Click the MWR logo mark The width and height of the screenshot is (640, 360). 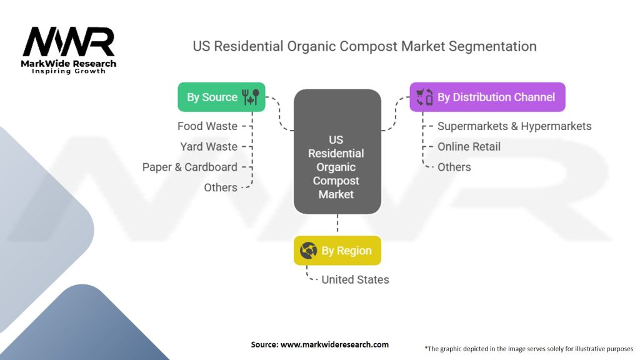[x=69, y=42]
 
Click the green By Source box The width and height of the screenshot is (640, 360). [x=221, y=97]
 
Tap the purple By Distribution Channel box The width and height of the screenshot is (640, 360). [x=487, y=97]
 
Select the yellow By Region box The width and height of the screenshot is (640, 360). [x=337, y=250]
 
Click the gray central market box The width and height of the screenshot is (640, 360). [x=337, y=151]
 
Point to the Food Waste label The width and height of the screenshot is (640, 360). [x=207, y=126]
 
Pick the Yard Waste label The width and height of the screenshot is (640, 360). [x=209, y=146]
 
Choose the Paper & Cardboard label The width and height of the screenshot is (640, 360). [x=190, y=167]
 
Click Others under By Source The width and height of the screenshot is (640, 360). [x=221, y=187]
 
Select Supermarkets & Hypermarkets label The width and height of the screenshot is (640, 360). [x=514, y=126]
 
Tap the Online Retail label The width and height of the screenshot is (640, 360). [x=469, y=146]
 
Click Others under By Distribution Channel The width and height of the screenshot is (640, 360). [x=454, y=167]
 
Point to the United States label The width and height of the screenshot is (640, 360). [x=355, y=279]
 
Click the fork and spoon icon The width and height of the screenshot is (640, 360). [x=251, y=97]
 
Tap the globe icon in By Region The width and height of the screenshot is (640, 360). [x=309, y=250]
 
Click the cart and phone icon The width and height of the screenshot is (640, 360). [x=424, y=97]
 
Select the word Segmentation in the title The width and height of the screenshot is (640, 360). [x=492, y=46]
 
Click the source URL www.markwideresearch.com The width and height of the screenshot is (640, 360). [x=334, y=344]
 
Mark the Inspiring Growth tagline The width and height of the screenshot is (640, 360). [x=69, y=71]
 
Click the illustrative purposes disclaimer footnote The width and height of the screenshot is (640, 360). [x=529, y=349]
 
